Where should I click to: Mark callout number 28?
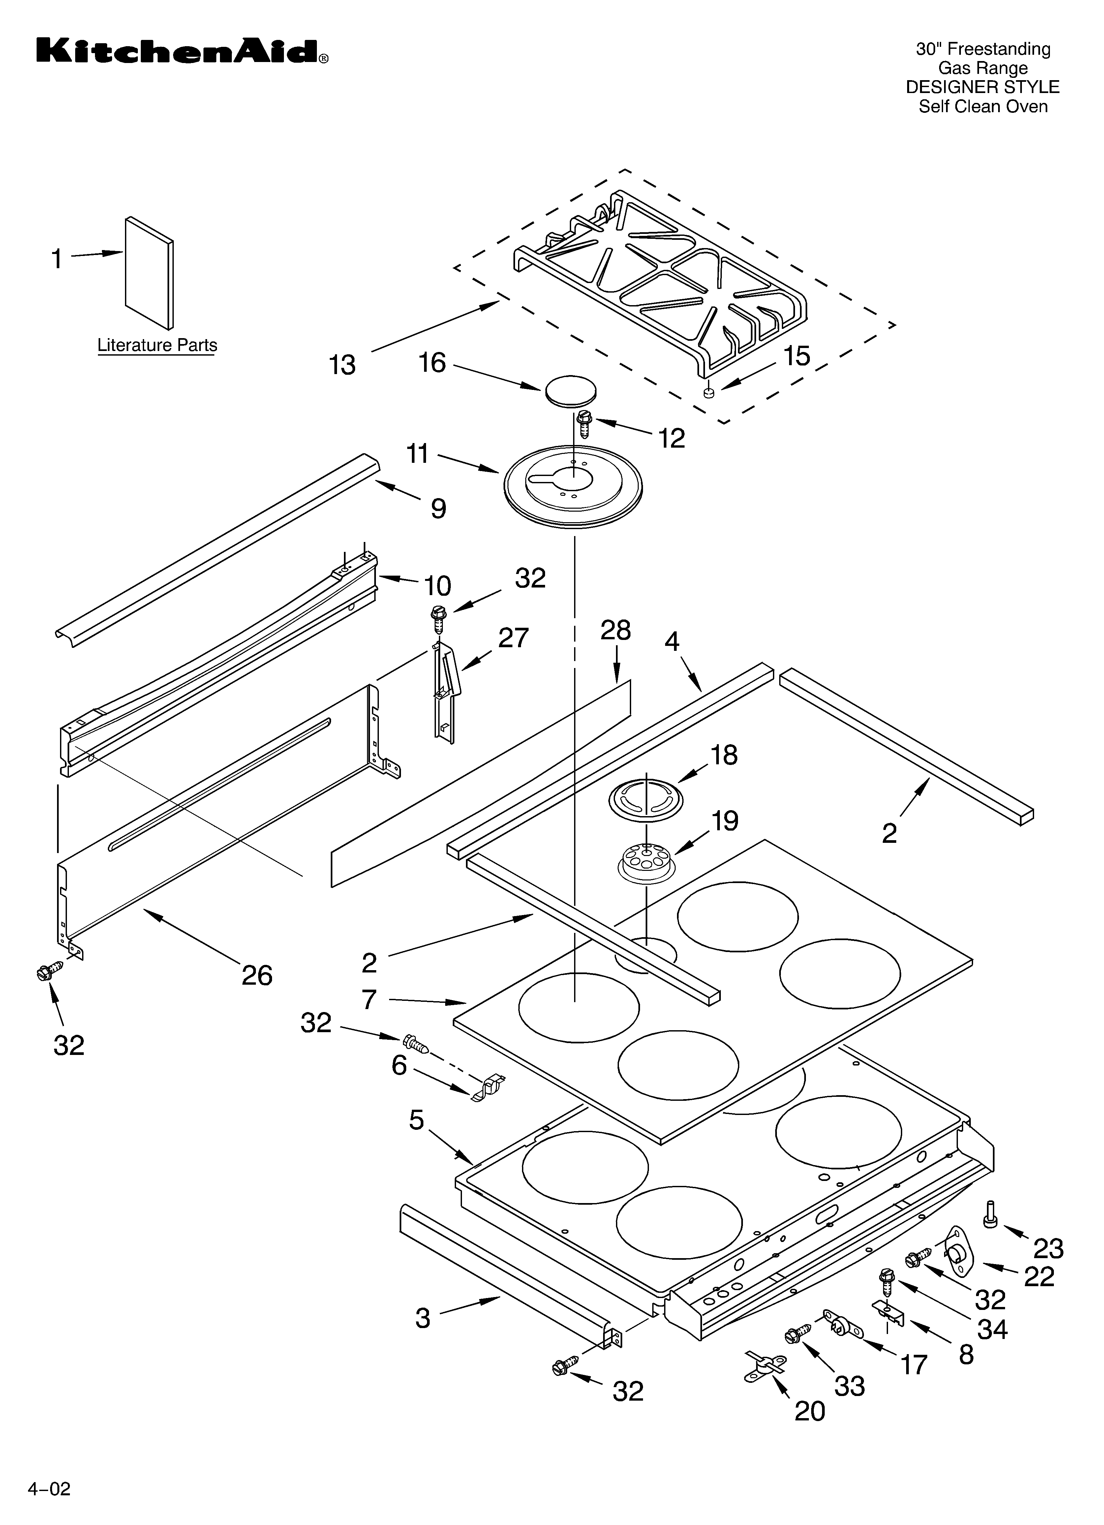(615, 631)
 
